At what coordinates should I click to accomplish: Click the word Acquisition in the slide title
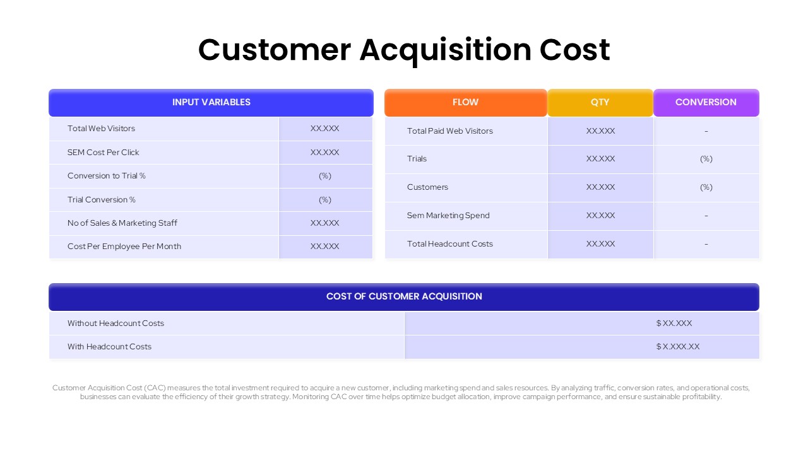point(445,50)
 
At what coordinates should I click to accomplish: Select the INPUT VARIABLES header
point(211,102)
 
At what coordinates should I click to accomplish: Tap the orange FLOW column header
point(465,102)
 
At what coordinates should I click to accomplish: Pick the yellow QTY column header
point(600,102)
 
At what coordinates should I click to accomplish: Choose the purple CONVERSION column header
point(706,102)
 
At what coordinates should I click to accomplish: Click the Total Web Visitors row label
point(101,129)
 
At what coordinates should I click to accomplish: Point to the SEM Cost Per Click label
point(103,153)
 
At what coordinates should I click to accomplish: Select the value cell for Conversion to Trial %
point(325,176)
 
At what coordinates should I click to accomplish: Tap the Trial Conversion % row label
point(101,200)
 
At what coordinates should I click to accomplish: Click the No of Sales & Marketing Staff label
point(122,223)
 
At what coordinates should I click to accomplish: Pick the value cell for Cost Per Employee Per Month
point(325,247)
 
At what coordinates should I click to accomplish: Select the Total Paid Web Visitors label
point(449,131)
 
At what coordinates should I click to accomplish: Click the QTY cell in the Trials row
point(600,159)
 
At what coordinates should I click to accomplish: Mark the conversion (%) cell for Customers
point(706,187)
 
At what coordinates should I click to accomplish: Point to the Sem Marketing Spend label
point(448,216)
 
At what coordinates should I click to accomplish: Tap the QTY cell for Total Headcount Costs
point(600,244)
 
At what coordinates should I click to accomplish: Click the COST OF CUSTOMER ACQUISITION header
point(404,296)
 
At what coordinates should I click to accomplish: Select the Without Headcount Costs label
point(116,323)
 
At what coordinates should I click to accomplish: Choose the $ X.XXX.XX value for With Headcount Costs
point(678,347)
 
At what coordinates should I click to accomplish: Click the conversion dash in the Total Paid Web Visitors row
point(706,131)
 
